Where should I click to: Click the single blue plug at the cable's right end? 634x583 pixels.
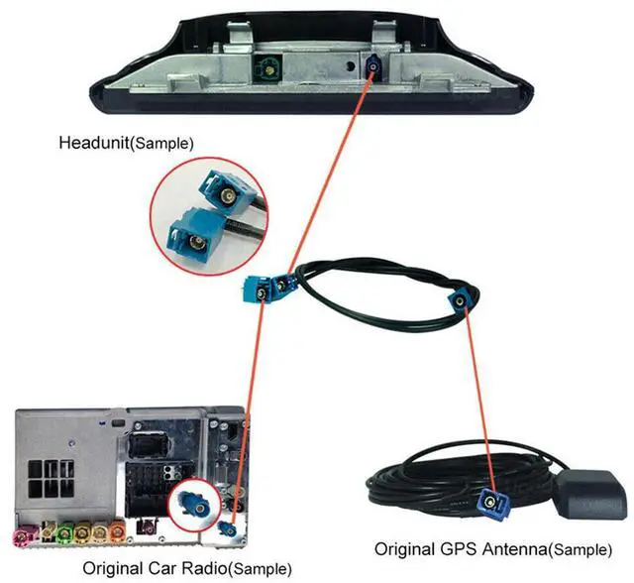click(x=463, y=300)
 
